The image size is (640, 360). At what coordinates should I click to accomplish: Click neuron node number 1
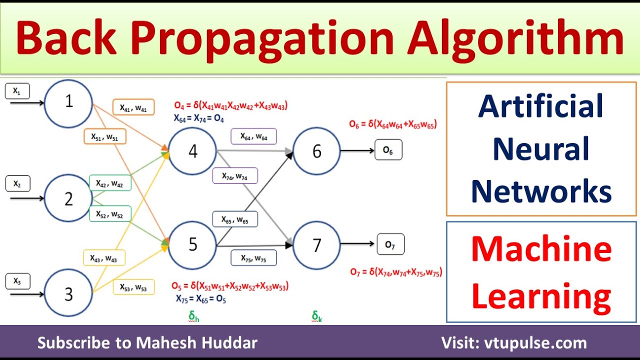[68, 103]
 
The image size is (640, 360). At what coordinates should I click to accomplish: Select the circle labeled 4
[192, 151]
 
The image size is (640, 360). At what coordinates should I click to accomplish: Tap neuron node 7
[316, 245]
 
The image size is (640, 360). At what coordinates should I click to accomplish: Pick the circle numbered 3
[68, 292]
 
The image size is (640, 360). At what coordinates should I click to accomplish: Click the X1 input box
[17, 91]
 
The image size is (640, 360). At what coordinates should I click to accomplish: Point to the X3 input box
[17, 281]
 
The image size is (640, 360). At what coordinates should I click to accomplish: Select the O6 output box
[388, 149]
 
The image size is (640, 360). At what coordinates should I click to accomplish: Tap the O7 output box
[390, 244]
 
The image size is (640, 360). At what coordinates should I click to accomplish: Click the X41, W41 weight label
[133, 107]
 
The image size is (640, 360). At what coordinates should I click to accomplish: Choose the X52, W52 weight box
[110, 213]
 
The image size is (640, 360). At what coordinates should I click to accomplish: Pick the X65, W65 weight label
[235, 219]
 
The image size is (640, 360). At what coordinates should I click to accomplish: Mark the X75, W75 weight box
[253, 257]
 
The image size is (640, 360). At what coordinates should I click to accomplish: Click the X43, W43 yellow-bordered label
[104, 257]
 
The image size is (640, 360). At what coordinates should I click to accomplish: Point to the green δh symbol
[193, 316]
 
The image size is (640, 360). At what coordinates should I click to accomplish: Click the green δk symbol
[317, 316]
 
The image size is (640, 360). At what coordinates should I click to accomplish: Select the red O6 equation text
[393, 124]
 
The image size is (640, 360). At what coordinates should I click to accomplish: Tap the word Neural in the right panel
[541, 148]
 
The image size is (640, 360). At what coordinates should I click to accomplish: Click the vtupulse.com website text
[535, 342]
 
